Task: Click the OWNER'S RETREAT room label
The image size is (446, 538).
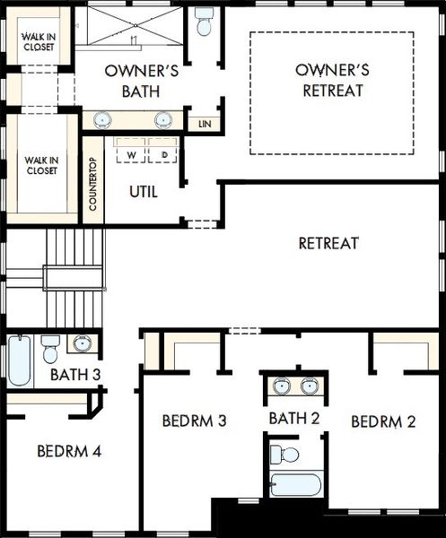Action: (332, 81)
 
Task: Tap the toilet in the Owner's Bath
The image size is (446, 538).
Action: (204, 22)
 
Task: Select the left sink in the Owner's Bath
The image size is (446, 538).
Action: (102, 120)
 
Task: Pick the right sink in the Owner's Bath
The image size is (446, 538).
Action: (163, 120)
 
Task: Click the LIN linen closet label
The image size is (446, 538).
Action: (205, 124)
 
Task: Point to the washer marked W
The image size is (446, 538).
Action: (131, 151)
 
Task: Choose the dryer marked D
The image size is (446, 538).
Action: (162, 151)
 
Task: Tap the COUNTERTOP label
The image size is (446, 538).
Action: (92, 184)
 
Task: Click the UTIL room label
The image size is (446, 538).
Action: (144, 192)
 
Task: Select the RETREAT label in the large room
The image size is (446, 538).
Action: (328, 243)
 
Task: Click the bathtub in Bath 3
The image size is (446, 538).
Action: (20, 360)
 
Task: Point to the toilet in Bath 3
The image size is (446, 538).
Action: (50, 350)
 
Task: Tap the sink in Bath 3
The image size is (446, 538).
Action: (83, 343)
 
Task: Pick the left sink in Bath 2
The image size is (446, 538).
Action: (283, 386)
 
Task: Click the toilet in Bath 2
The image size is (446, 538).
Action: (284, 455)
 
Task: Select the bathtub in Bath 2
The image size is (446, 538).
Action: (295, 485)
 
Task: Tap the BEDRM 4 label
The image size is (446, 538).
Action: (69, 451)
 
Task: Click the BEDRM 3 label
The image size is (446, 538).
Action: (195, 421)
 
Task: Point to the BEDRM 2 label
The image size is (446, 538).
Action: (383, 421)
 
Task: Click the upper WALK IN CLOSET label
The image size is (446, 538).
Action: (39, 41)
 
